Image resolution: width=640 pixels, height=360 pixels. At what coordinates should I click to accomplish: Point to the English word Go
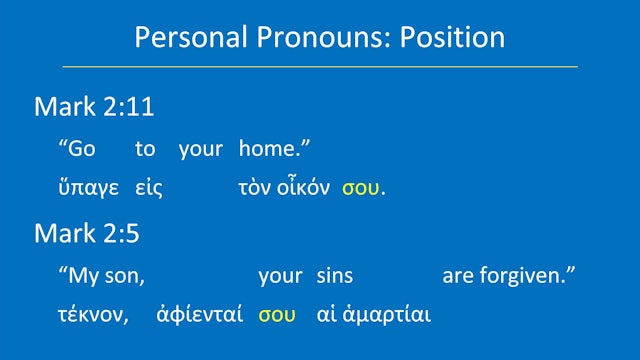click(81, 150)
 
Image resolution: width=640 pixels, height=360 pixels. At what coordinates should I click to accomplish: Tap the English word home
click(273, 150)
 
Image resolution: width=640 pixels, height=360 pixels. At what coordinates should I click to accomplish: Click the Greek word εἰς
click(148, 188)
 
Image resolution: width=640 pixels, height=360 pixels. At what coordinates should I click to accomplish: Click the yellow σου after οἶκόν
click(360, 188)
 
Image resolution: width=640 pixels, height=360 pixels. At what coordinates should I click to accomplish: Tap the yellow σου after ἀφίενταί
click(277, 315)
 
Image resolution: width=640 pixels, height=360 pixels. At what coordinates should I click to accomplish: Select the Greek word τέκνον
click(94, 315)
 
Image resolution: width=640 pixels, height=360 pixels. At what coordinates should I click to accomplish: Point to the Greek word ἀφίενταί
click(199, 315)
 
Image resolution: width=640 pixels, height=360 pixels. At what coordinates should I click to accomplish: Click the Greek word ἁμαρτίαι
click(388, 315)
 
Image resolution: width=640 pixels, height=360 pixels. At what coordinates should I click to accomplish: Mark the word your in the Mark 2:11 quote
click(200, 150)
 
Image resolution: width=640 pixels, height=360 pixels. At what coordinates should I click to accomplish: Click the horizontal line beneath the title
click(320, 67)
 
